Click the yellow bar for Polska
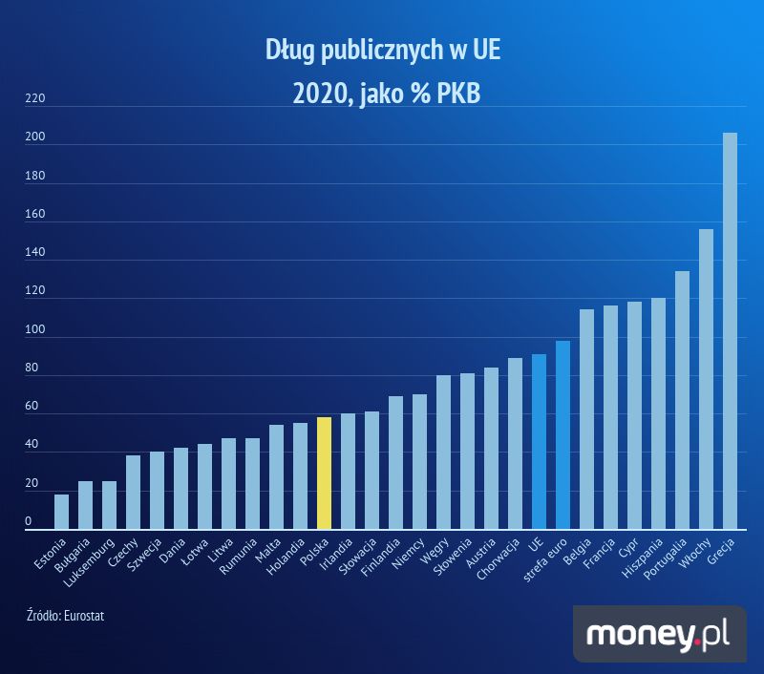324,474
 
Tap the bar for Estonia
61,512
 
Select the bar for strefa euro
562,434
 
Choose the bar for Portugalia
682,400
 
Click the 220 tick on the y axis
34,98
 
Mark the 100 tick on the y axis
34,329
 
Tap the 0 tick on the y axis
29,521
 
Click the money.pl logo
659,634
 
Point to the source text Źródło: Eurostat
65,616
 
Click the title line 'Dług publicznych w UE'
382,50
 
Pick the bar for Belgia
586,419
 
